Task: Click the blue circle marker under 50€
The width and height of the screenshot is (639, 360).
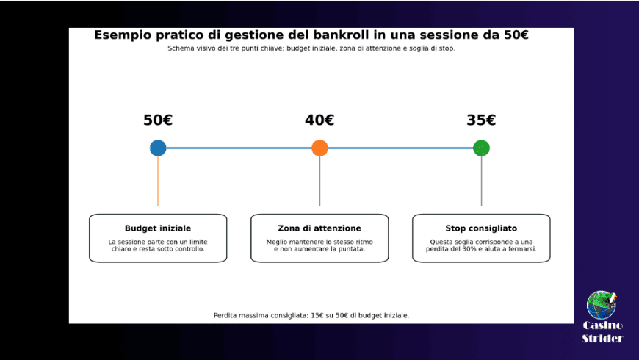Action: (158, 148)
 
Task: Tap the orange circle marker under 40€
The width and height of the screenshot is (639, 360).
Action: (319, 148)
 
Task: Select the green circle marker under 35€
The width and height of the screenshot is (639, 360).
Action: (481, 148)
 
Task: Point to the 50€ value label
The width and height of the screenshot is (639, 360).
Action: (158, 120)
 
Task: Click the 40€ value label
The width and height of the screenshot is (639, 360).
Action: (319, 120)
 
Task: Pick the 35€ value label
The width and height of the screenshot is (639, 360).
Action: (481, 120)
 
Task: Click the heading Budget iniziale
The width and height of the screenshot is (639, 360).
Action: (158, 228)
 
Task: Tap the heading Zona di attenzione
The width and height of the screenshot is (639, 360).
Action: (319, 228)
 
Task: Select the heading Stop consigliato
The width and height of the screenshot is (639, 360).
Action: (481, 228)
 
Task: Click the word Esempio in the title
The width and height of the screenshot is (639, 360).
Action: (120, 35)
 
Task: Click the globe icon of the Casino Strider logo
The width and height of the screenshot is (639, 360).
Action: (602, 305)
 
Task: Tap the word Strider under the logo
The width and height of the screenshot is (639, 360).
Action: (602, 339)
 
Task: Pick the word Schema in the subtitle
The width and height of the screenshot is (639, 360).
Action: (180, 48)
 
